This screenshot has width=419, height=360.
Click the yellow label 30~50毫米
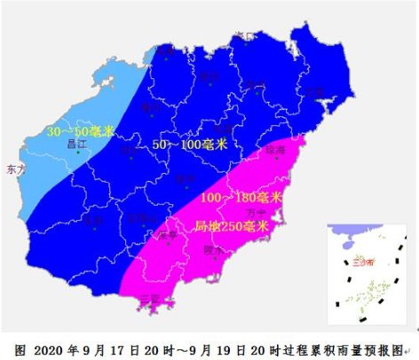(x=81, y=131)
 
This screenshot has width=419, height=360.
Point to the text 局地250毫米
(x=232, y=225)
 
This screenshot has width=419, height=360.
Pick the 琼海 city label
(x=276, y=153)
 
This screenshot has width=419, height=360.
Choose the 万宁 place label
(x=256, y=213)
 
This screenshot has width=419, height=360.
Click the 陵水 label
(x=214, y=250)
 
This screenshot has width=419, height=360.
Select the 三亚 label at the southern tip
(x=149, y=297)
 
